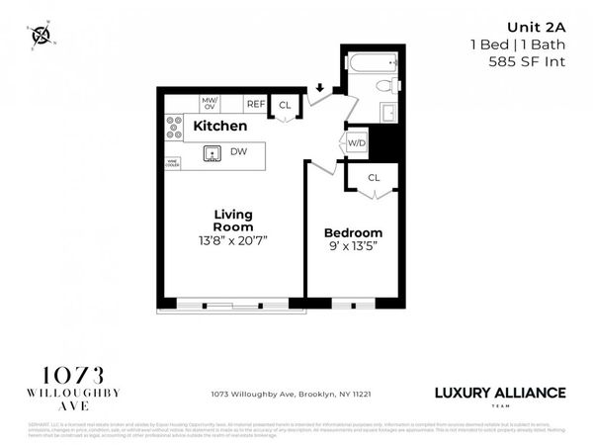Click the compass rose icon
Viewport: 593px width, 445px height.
42,36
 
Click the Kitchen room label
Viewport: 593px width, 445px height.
219,127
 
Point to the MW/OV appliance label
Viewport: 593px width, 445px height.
210,103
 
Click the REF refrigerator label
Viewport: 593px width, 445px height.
255,104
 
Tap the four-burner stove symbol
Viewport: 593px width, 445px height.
174,127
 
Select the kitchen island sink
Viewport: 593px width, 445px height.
212,152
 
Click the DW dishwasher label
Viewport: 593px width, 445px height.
238,152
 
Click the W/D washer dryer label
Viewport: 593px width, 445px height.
356,143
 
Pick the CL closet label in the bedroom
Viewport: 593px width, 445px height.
374,178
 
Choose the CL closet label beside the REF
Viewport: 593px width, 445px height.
285,105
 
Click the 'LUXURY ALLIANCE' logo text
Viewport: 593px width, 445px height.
500,393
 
